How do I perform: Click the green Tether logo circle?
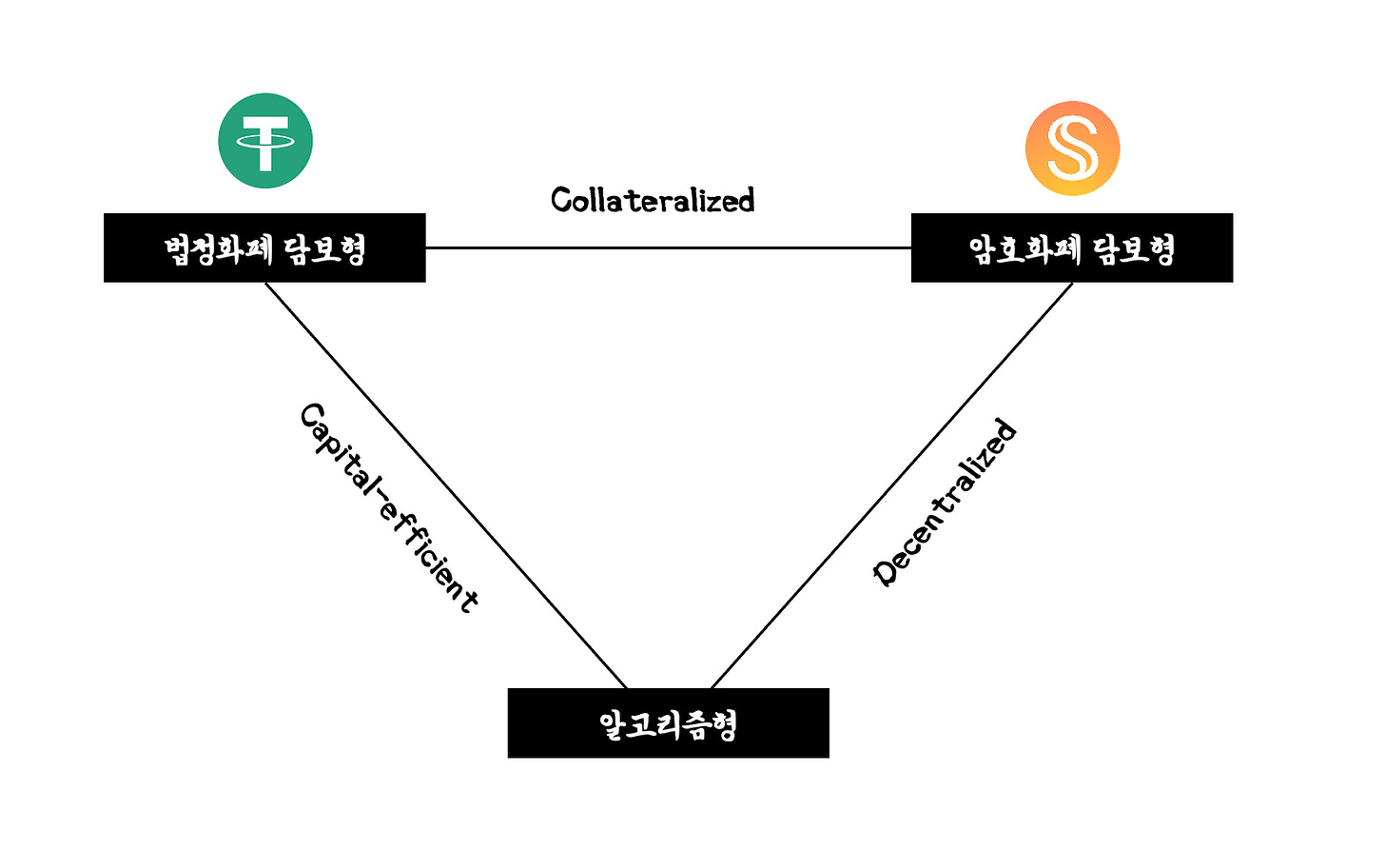coord(265,141)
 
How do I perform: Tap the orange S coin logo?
coord(1072,148)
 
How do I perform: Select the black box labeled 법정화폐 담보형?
coord(264,247)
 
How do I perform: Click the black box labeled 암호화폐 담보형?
coord(1072,247)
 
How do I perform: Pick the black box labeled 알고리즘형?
coord(668,723)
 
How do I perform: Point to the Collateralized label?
coord(653,200)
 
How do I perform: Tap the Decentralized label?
coord(945,502)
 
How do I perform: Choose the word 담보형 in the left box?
coord(324,249)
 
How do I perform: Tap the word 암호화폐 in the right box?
coord(1024,249)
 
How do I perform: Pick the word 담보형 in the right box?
coord(1133,249)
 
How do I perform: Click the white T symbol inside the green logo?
coord(265,143)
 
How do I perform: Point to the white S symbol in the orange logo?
coord(1072,148)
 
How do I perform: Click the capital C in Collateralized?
coord(561,200)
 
